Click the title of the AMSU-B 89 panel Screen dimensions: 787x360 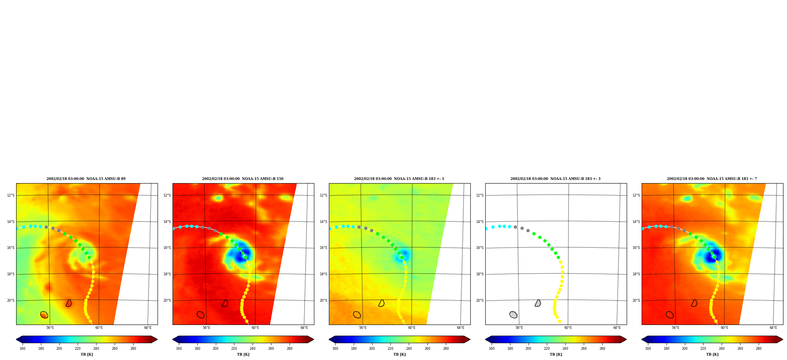pos(86,179)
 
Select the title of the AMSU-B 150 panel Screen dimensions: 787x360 pos(243,179)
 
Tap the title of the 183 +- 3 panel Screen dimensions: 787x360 pos(555,179)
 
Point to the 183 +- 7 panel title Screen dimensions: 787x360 pos(712,179)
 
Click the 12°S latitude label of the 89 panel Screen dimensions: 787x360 pos(11,195)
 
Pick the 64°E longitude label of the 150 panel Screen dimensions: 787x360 pos(304,328)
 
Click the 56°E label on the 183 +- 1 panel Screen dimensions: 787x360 pos(363,328)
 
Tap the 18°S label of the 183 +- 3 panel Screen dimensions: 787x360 pos(480,274)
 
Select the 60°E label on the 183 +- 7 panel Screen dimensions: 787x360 pos(724,328)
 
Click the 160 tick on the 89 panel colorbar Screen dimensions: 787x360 pos(22,349)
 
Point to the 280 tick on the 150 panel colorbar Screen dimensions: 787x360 pos(290,349)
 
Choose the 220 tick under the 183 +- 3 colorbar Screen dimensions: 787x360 pos(547,349)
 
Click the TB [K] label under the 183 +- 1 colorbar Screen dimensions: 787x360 pos(399,354)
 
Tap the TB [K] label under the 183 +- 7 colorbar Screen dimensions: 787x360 pos(712,354)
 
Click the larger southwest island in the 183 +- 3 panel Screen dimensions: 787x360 pos(513,315)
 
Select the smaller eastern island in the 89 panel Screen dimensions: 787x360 pos(69,303)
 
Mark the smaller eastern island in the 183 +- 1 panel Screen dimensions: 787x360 pos(382,303)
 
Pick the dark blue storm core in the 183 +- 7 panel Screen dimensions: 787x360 pos(714,255)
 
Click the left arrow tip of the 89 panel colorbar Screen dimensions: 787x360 pos(16,340)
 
